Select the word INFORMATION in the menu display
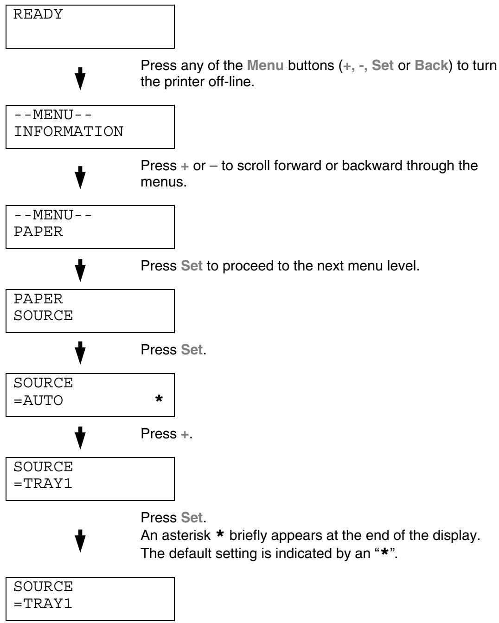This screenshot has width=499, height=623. (x=69, y=131)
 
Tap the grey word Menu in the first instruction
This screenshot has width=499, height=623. (x=265, y=65)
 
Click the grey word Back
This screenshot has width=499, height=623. (x=431, y=65)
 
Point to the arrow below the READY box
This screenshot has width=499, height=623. (x=80, y=79)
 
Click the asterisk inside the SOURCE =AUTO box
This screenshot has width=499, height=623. (x=159, y=398)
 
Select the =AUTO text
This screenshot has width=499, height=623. (x=38, y=401)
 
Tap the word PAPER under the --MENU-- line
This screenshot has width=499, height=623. (x=38, y=231)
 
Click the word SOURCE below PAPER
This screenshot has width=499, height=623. (x=43, y=315)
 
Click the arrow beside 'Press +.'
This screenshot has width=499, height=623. (x=80, y=438)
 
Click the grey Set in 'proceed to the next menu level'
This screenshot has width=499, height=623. (x=192, y=266)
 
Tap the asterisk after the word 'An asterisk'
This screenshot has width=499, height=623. (x=220, y=533)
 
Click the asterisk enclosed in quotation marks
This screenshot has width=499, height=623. (x=384, y=552)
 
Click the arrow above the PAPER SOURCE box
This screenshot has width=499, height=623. (x=80, y=270)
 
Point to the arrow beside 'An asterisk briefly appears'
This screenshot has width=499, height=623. (x=80, y=541)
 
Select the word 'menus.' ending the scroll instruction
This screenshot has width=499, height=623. (x=164, y=182)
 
